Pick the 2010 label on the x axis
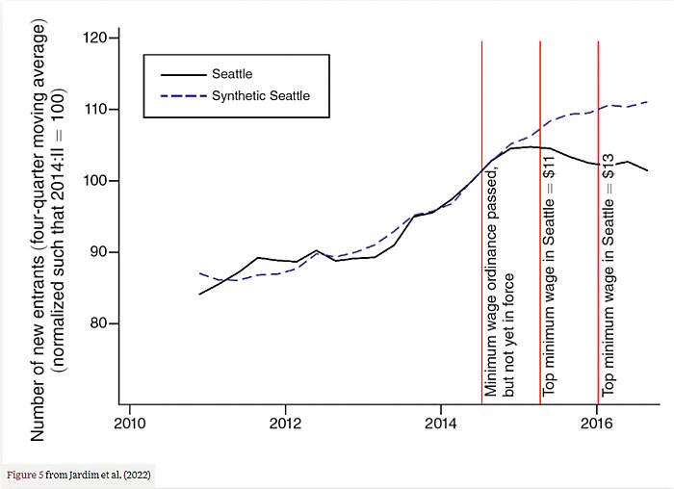click(129, 422)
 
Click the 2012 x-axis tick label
click(285, 422)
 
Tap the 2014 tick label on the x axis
click(441, 422)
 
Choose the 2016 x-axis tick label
click(597, 422)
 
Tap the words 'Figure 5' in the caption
click(24, 475)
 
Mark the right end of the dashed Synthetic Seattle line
click(648, 101)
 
